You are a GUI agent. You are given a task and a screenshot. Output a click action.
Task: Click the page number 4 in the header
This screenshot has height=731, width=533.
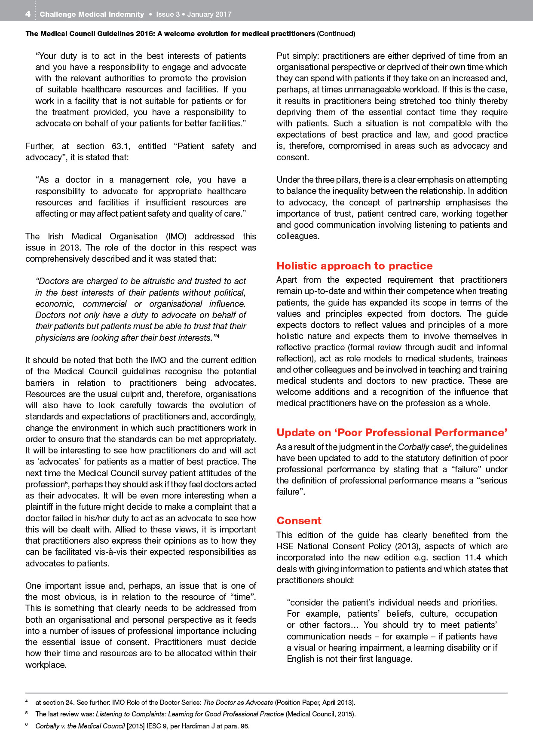(28, 14)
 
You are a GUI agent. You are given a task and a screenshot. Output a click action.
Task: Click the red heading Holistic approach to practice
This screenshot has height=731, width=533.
(354, 266)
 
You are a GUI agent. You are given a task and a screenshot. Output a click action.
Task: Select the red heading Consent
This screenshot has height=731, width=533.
(299, 521)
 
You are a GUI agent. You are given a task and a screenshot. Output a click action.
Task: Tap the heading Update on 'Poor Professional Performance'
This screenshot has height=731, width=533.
(392, 433)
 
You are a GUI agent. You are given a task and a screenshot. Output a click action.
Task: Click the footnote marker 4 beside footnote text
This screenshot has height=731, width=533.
(27, 702)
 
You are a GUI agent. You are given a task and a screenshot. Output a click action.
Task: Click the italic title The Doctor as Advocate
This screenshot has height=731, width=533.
(238, 702)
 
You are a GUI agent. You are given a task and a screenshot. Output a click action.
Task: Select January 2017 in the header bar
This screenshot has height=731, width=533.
(209, 14)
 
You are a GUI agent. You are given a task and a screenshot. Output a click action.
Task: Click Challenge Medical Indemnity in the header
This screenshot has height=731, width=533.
(92, 14)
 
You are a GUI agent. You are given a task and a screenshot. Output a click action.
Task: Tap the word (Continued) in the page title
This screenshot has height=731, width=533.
(336, 34)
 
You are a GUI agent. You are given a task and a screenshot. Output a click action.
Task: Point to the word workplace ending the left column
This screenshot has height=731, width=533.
(46, 664)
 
